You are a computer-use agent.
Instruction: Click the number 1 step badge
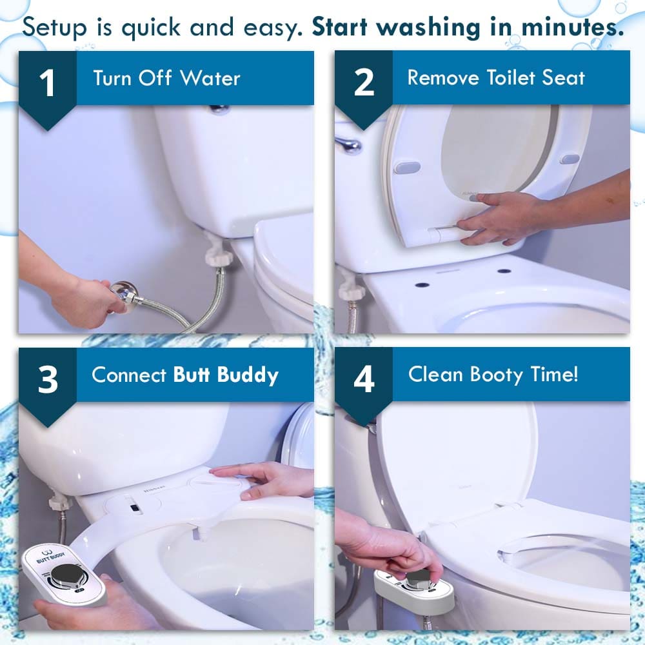click(x=47, y=84)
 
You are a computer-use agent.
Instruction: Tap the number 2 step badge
click(x=364, y=84)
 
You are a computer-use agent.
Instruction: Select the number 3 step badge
click(x=47, y=381)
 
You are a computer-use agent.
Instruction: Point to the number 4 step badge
click(x=364, y=381)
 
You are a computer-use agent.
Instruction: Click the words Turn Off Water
click(x=166, y=79)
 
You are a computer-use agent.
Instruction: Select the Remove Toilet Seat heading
click(x=495, y=78)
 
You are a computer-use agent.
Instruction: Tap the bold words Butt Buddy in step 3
click(x=226, y=375)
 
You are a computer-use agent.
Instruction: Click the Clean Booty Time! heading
click(x=493, y=375)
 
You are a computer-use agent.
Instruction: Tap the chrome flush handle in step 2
click(x=349, y=144)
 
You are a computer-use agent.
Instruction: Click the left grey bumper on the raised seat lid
click(x=407, y=168)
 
